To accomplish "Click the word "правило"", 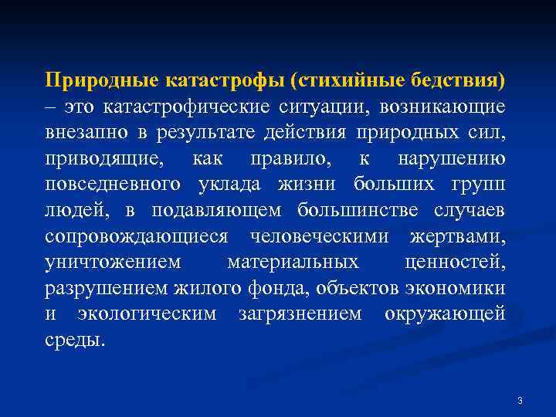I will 283,158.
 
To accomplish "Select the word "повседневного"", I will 114,185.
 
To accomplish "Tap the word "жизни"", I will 314,185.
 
